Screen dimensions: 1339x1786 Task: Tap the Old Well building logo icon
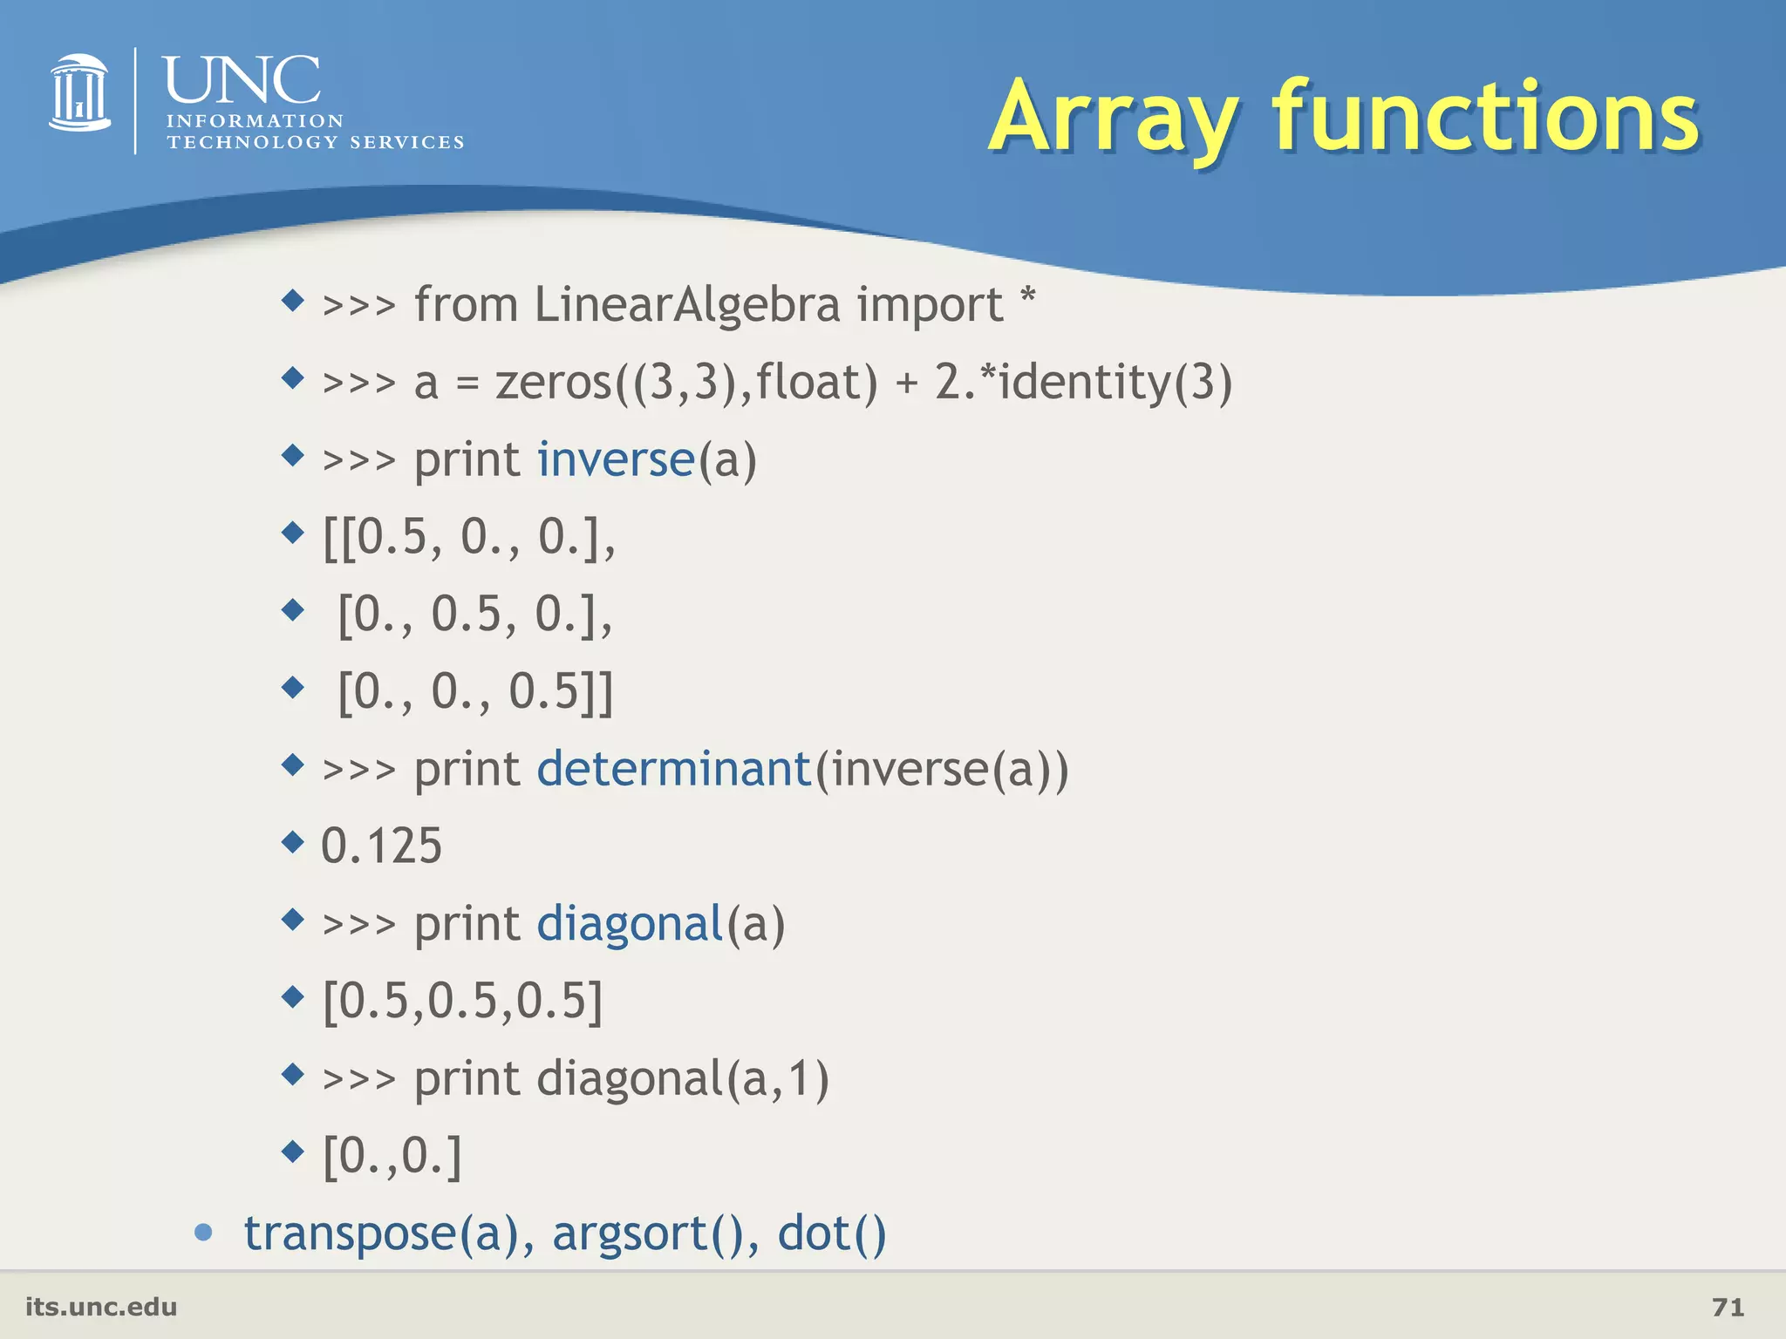click(x=79, y=94)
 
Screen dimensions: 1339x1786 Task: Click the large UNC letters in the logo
click(x=242, y=80)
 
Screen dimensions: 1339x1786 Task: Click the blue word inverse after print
click(x=616, y=459)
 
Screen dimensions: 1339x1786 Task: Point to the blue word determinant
click(x=674, y=769)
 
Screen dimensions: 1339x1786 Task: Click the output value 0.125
click(x=382, y=846)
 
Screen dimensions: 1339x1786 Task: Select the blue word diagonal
click(x=630, y=924)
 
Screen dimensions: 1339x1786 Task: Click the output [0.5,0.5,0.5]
click(x=462, y=1001)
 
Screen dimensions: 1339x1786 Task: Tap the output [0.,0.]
click(x=392, y=1156)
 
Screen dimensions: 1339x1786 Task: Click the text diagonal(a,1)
click(x=682, y=1079)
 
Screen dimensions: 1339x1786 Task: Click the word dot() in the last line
click(x=831, y=1234)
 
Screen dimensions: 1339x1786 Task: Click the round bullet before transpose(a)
click(x=204, y=1232)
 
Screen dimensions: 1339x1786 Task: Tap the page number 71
click(x=1728, y=1307)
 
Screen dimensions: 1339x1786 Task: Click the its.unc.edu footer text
click(x=101, y=1307)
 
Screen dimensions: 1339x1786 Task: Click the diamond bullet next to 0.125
click(x=293, y=842)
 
